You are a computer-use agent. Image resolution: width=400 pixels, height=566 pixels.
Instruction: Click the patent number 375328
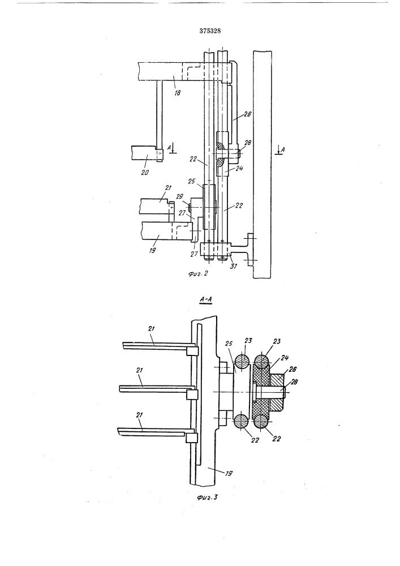click(x=210, y=31)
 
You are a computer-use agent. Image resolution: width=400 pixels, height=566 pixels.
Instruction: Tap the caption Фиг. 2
click(x=197, y=273)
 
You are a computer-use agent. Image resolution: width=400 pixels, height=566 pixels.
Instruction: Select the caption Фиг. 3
click(x=208, y=498)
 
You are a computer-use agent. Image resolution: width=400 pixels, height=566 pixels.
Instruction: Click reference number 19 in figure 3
click(x=229, y=473)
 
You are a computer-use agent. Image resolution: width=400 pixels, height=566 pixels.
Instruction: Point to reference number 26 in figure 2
click(x=247, y=114)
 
